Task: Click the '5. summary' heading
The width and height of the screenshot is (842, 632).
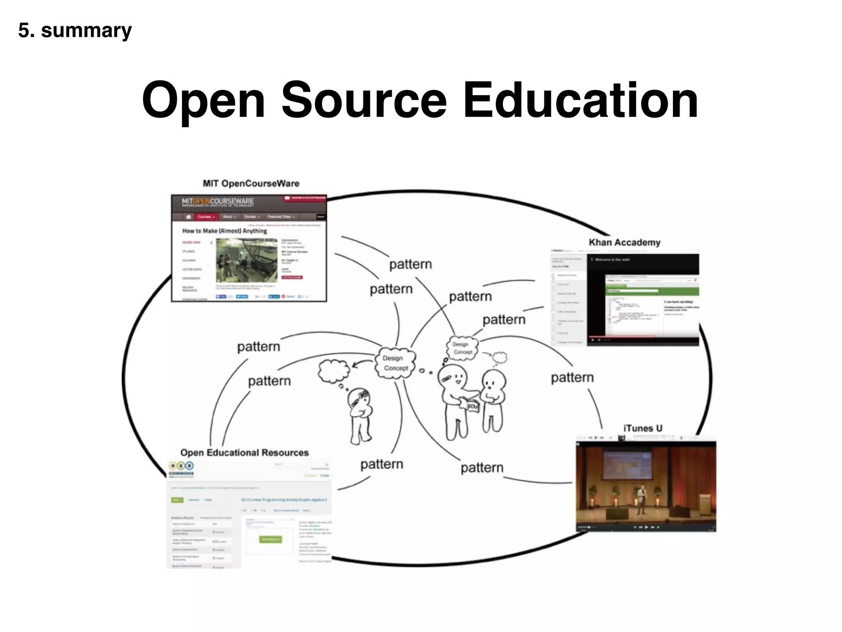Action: (75, 31)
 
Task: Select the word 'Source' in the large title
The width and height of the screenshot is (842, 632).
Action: (364, 100)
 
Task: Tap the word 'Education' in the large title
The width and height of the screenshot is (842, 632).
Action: (581, 100)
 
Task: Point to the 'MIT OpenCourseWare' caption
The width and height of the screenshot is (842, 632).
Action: (251, 184)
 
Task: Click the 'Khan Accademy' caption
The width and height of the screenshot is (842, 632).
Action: (625, 242)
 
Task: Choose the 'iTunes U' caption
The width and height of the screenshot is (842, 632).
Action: (643, 428)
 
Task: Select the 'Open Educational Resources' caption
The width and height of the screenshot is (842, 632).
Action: (244, 453)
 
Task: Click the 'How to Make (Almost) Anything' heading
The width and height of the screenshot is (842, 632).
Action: (224, 231)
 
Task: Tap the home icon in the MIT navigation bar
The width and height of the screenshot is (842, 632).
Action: (189, 217)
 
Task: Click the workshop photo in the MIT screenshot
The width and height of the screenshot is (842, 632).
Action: (246, 260)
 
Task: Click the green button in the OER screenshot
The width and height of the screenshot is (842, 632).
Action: (270, 539)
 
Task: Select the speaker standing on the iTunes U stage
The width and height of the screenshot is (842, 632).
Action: (641, 500)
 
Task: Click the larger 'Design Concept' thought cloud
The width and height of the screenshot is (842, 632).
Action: (395, 363)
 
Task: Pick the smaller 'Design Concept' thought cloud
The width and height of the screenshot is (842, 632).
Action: (463, 348)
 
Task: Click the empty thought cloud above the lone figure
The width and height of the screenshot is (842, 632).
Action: (333, 370)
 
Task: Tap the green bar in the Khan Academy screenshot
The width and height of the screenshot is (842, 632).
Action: (652, 291)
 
